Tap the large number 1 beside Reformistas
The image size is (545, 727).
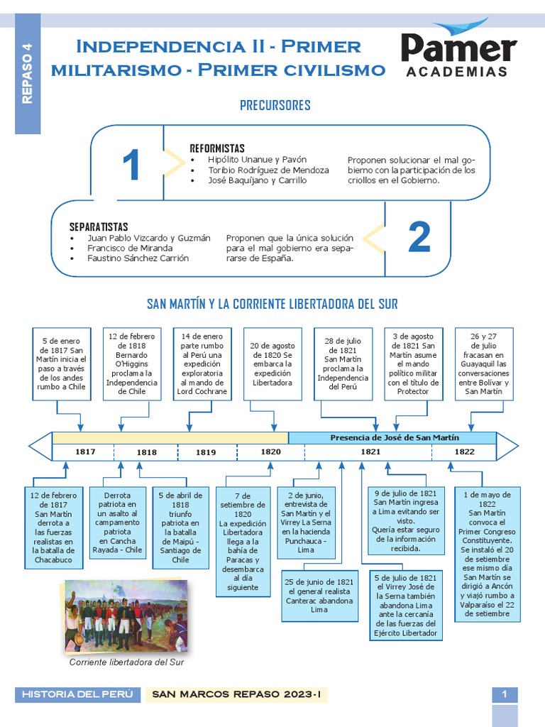click(x=131, y=166)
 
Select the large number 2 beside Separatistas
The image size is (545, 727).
click(x=419, y=237)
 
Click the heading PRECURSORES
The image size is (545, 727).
click(x=275, y=106)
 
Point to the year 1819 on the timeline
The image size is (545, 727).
click(x=206, y=452)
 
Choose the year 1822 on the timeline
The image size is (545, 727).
click(x=464, y=452)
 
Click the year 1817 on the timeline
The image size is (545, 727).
click(x=85, y=452)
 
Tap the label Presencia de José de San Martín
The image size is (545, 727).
click(x=395, y=437)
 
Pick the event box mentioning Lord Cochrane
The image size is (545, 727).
click(x=202, y=362)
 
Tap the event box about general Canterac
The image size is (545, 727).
click(x=319, y=595)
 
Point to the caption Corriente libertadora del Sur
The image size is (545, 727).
click(x=126, y=662)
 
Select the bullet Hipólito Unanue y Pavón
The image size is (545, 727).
click(x=257, y=160)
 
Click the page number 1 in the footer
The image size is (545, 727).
click(x=505, y=694)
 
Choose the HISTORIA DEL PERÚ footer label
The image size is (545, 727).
click(x=77, y=694)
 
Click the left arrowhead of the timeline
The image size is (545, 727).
click(x=40, y=446)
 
